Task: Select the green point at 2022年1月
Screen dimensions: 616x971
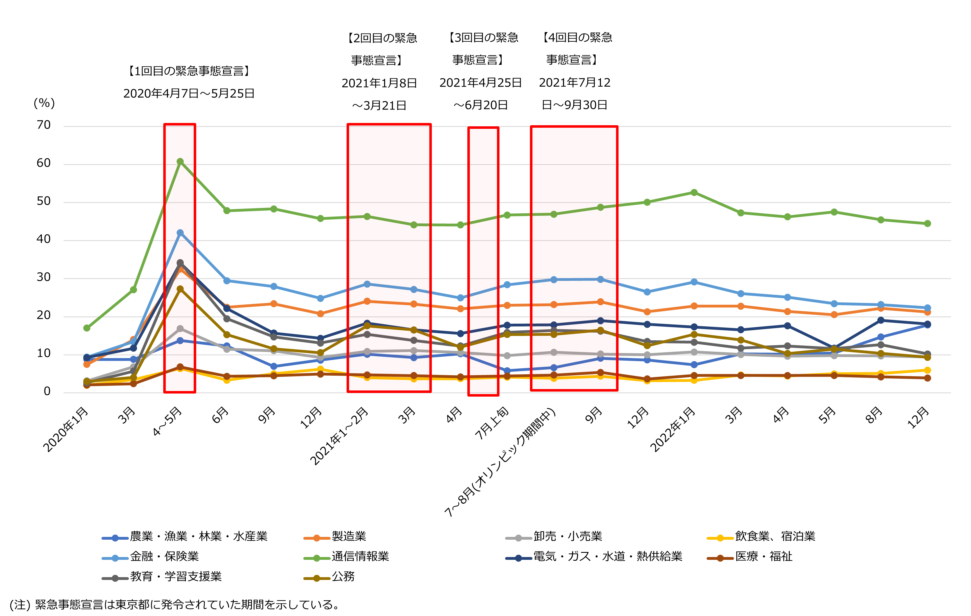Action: pyautogui.click(x=694, y=193)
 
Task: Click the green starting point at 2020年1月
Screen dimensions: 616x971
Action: pyautogui.click(x=87, y=328)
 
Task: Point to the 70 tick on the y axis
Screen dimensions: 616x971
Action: pyautogui.click(x=44, y=125)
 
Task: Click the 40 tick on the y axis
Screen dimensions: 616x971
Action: pyautogui.click(x=44, y=240)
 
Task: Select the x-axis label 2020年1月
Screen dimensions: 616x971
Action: pyautogui.click(x=66, y=430)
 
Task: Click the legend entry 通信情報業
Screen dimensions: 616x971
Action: pyautogui.click(x=360, y=557)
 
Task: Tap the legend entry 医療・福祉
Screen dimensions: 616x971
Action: pyautogui.click(x=763, y=557)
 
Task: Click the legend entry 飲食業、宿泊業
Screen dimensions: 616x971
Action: pyautogui.click(x=775, y=537)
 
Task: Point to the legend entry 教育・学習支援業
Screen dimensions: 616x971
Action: pyautogui.click(x=176, y=577)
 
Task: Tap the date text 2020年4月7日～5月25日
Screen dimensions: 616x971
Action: pyautogui.click(x=189, y=94)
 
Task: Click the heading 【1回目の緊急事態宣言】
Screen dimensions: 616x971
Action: pyautogui.click(x=189, y=71)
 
